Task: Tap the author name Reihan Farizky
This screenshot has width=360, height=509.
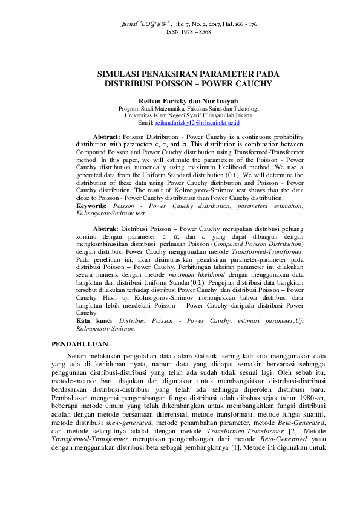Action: (x=160, y=100)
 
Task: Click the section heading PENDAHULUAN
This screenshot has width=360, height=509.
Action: (x=76, y=344)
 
